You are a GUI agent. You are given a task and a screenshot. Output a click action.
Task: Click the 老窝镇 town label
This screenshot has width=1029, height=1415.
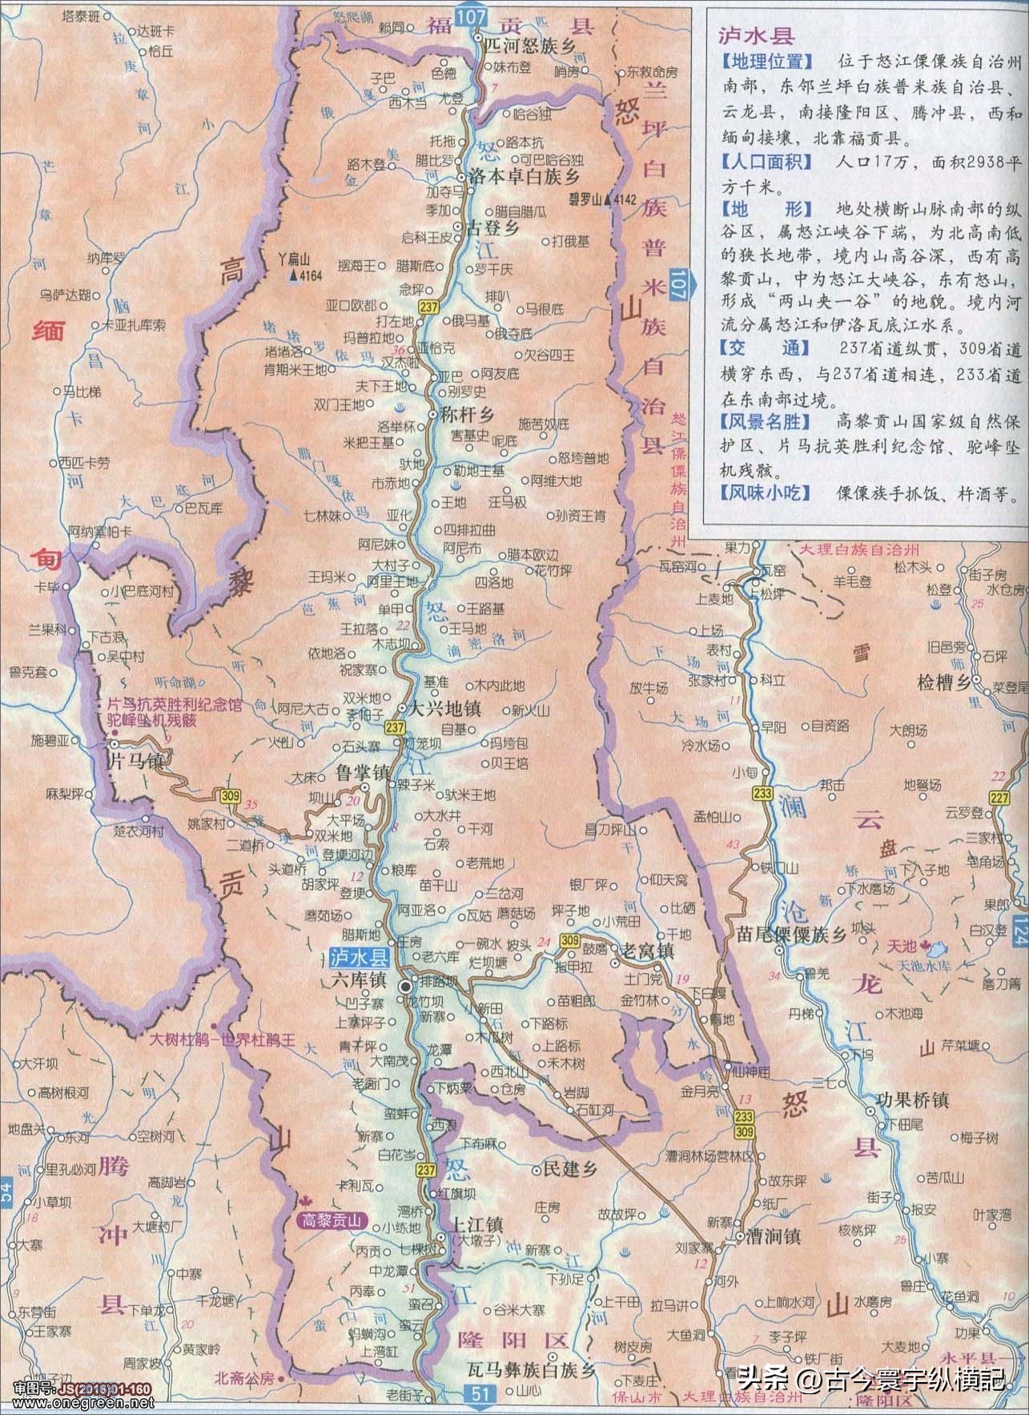(x=648, y=951)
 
